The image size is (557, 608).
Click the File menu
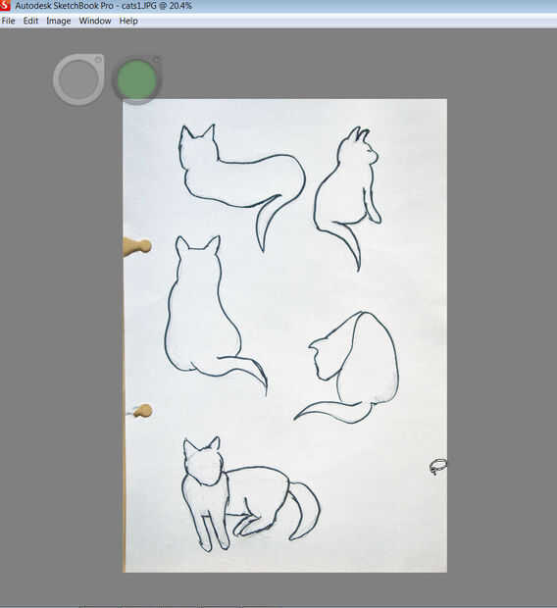click(x=8, y=21)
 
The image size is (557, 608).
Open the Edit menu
click(x=30, y=21)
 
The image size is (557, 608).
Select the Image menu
click(x=59, y=21)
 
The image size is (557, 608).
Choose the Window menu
click(x=95, y=21)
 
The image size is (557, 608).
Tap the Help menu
click(x=128, y=21)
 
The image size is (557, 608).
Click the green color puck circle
click(x=137, y=80)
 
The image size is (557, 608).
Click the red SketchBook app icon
click(x=5, y=6)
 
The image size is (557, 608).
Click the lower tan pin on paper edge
click(x=142, y=411)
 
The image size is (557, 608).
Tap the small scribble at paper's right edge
click(x=438, y=466)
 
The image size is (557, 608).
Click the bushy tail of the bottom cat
click(x=305, y=511)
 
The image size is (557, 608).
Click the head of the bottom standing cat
click(x=204, y=463)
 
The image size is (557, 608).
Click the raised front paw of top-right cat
click(x=374, y=213)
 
